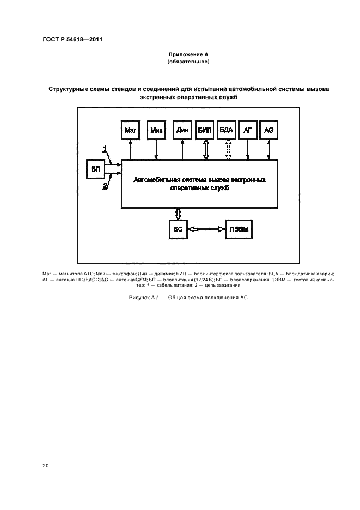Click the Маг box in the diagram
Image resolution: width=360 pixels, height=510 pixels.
(x=130, y=131)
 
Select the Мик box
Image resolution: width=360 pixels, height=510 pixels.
(x=157, y=131)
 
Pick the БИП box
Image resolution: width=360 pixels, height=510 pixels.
(x=205, y=131)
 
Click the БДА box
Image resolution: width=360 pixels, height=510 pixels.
(x=226, y=131)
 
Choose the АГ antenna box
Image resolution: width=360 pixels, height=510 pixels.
(x=247, y=131)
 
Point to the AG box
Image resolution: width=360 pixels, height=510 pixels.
(x=269, y=131)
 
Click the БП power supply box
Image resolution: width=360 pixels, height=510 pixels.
(x=96, y=169)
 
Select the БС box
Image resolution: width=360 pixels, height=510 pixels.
(x=178, y=229)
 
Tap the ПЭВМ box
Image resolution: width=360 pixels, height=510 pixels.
(x=239, y=229)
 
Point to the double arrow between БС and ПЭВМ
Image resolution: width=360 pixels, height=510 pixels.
(x=206, y=229)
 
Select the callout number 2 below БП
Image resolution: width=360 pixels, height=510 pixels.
(x=105, y=186)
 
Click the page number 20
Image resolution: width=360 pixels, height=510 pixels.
(x=45, y=465)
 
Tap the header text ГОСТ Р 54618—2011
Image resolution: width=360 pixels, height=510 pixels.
(x=72, y=39)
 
